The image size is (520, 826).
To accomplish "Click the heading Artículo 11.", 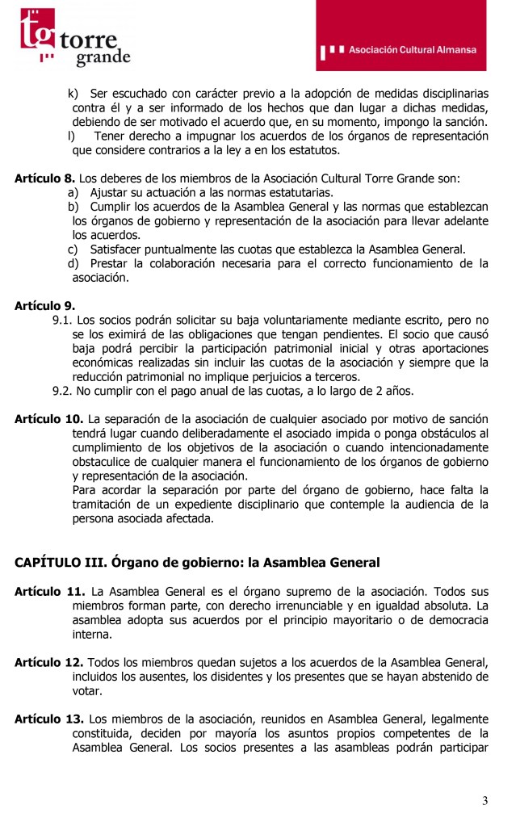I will point(48,591).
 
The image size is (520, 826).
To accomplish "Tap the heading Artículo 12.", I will point(48,661).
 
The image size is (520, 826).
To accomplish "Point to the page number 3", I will point(484,800).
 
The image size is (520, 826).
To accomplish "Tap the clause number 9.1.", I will point(61,320).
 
